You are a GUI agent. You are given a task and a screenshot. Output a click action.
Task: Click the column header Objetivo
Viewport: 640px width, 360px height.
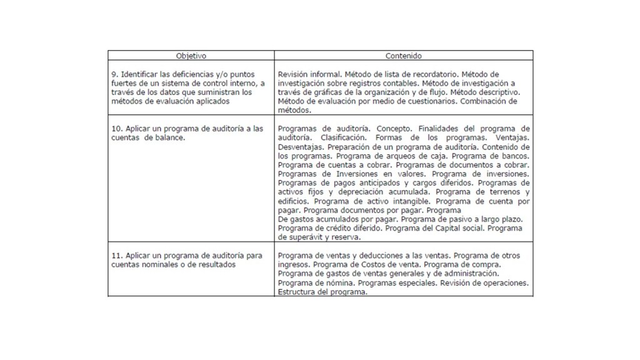[x=191, y=56]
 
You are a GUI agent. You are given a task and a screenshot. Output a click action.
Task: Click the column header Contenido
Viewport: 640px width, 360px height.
[x=403, y=56]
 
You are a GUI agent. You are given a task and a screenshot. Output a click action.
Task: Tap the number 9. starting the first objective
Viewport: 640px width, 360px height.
[x=113, y=74]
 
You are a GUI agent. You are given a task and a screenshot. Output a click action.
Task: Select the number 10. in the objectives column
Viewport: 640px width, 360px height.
[x=116, y=128]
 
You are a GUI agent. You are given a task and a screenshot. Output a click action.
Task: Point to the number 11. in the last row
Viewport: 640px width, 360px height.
[x=116, y=256]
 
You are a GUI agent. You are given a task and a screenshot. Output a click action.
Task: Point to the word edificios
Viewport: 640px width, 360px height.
[x=293, y=202]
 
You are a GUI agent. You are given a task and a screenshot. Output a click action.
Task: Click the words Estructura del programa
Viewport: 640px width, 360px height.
[x=321, y=292]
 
